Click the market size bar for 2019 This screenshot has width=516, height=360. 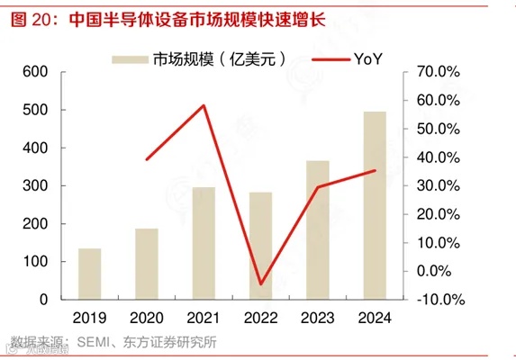coord(89,274)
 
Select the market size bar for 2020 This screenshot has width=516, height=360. coord(147,264)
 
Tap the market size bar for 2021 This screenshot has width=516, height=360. coord(204,243)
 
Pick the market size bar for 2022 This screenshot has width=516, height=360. coord(261,246)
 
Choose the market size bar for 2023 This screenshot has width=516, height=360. coord(318,229)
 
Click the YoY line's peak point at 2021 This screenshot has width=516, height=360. coord(204,105)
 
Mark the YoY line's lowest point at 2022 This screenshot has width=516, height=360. coord(261,284)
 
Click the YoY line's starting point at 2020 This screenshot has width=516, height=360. coord(147,159)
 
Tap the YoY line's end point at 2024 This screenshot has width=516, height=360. coord(375,170)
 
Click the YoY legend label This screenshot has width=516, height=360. coord(368,59)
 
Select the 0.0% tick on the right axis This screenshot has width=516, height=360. coord(442,270)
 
